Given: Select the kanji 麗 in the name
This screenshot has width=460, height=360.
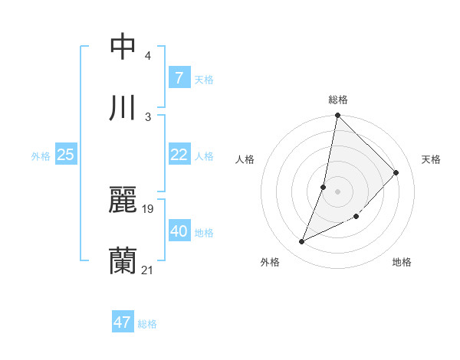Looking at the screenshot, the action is point(123,201).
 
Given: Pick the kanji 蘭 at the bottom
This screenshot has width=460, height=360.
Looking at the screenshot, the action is point(123,260).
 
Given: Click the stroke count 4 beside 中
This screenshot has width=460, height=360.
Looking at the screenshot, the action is point(148,56).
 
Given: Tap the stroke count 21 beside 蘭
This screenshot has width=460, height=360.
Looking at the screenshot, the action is point(148,270).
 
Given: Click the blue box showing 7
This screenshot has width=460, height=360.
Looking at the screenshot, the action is point(179,77).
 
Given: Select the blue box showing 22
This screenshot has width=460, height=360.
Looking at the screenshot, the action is point(179,155).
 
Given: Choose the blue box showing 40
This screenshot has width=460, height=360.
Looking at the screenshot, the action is point(179,231).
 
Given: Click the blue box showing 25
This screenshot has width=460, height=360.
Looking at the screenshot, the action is point(65,155).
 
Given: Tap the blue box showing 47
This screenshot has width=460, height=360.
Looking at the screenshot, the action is point(123,322).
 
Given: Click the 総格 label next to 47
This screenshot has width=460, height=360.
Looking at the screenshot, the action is point(147,324).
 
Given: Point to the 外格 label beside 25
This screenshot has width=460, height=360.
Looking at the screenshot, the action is point(41,156).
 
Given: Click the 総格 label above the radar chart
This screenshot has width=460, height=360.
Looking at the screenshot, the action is point(338,100).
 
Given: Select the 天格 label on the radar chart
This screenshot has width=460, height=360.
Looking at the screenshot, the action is point(432,159).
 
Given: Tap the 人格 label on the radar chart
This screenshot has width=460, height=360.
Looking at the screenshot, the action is point(245,159).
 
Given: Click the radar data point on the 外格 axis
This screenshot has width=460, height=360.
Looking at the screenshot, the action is point(302,242).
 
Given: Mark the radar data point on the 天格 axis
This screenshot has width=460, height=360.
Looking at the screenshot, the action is point(396,172).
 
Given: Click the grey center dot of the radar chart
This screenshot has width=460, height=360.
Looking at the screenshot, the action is point(338,191).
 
